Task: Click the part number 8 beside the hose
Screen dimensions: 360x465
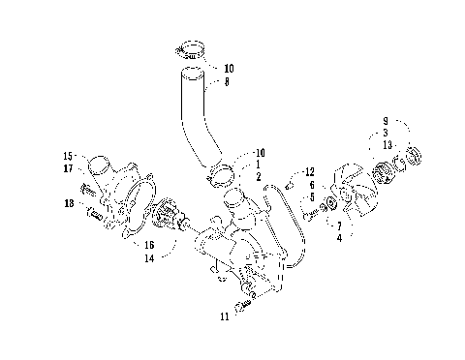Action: (228, 83)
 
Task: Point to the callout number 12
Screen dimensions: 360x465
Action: (310, 171)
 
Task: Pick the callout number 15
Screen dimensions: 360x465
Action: (69, 156)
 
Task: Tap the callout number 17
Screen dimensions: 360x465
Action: (69, 168)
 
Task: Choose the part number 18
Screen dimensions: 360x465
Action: (68, 204)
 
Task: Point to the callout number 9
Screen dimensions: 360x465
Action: (385, 122)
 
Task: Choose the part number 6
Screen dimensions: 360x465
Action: (311, 184)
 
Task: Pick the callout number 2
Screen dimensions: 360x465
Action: (257, 177)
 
